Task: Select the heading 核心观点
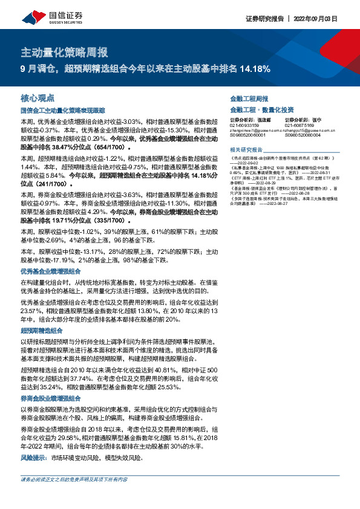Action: (x=38, y=97)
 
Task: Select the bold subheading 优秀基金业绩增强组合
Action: (x=51, y=271)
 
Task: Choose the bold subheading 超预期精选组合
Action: (x=42, y=331)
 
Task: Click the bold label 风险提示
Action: (x=34, y=458)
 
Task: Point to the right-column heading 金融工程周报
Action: (x=249, y=98)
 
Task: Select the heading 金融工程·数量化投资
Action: (x=262, y=110)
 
